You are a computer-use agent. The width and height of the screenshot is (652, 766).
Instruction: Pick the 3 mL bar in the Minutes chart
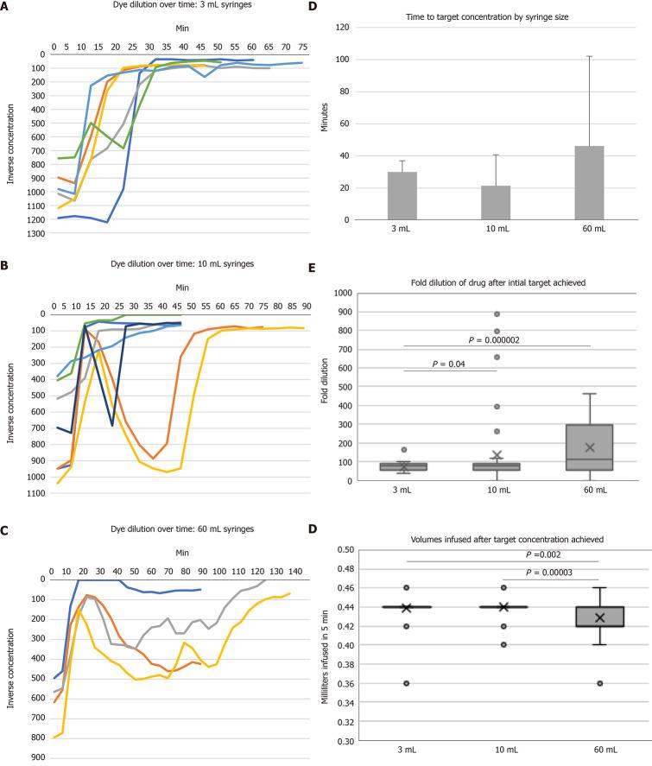click(x=402, y=195)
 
